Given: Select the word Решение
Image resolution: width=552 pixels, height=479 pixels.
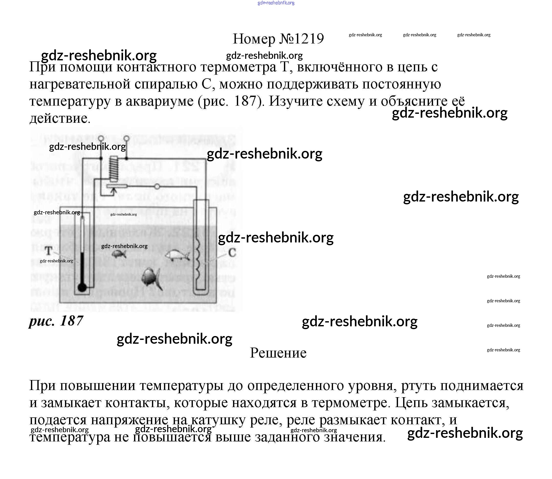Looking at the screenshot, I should (x=278, y=353).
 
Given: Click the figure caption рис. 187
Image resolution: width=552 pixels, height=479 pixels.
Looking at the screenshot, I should (x=56, y=320).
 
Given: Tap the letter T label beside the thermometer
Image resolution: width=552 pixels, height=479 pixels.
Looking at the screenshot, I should (x=49, y=251).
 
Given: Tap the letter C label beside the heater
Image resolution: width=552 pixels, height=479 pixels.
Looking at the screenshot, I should (x=232, y=253).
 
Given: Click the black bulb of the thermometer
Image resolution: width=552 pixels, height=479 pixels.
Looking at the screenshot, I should (x=82, y=287).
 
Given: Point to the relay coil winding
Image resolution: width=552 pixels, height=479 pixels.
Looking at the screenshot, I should (x=114, y=168).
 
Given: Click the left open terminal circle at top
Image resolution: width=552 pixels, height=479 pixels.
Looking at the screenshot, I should (x=101, y=138).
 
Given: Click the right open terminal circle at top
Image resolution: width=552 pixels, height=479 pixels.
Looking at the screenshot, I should (x=126, y=138).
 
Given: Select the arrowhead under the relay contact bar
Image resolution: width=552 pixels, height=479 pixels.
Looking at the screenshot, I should (x=114, y=191).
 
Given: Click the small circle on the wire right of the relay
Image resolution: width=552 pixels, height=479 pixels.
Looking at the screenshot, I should (x=157, y=186).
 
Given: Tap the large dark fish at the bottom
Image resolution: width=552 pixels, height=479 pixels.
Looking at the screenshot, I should (x=150, y=278).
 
